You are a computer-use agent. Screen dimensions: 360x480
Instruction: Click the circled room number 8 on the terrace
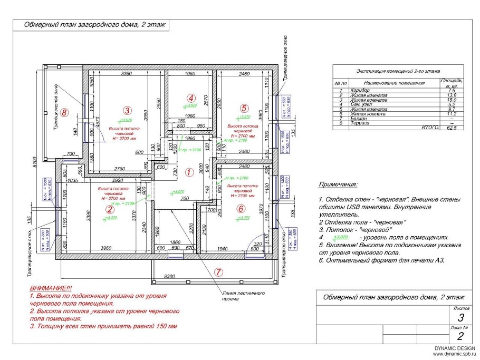pos(64,112)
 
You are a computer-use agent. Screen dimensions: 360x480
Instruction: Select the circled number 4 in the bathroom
pos(191,98)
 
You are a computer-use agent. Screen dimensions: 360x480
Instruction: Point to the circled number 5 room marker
pos(244,108)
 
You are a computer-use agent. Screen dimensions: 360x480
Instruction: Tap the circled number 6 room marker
pos(241,209)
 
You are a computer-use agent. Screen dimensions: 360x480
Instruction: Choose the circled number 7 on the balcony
pos(218,272)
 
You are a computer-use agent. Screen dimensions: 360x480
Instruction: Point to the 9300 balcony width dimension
pos(169,276)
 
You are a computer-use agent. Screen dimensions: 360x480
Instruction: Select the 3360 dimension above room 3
pos(126,74)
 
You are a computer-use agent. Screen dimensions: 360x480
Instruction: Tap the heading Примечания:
pos(338,185)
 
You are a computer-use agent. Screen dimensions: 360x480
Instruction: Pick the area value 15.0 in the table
pos(450,100)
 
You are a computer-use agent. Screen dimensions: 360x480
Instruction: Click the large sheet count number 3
pos(460,317)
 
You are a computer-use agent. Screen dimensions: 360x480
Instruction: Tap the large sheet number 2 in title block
pos(460,336)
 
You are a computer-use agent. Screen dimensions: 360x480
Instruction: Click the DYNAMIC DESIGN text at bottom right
pos(455,348)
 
